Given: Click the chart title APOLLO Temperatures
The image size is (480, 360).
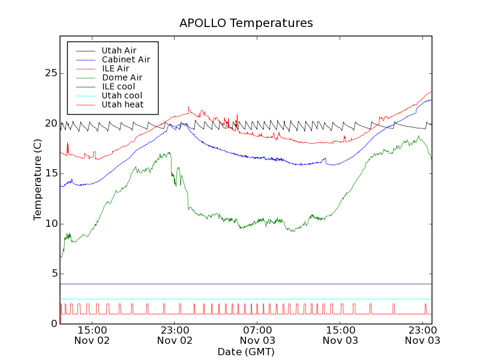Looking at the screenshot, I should (246, 23).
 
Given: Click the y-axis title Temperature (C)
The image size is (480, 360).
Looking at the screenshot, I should (38, 179).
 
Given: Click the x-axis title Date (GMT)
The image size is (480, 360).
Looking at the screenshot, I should (246, 352).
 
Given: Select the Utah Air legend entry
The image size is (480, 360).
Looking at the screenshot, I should (119, 50).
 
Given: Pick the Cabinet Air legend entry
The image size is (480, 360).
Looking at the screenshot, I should (125, 59).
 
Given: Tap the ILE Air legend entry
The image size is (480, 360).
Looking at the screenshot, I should (115, 68).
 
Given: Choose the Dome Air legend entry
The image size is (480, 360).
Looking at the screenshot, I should (122, 77).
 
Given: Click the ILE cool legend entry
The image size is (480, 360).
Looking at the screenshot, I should (118, 86).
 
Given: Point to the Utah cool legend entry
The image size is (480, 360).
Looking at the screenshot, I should (122, 95).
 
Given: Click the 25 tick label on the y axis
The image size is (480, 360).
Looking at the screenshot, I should (51, 73).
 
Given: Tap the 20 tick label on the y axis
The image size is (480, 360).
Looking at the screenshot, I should (51, 124).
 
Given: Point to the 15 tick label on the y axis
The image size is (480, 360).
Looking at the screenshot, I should (51, 173).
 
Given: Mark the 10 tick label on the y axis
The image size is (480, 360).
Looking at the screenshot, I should (51, 224).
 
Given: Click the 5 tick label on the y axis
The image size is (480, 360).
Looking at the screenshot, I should (54, 274).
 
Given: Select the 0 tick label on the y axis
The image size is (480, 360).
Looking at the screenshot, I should (54, 324).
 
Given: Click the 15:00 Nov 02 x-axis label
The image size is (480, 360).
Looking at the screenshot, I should (92, 335).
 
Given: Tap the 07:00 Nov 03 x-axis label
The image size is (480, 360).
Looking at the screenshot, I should (257, 335).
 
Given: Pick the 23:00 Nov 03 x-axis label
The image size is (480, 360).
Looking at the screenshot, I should (422, 335).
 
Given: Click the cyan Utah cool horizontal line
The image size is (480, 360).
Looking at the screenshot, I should (240, 299).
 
